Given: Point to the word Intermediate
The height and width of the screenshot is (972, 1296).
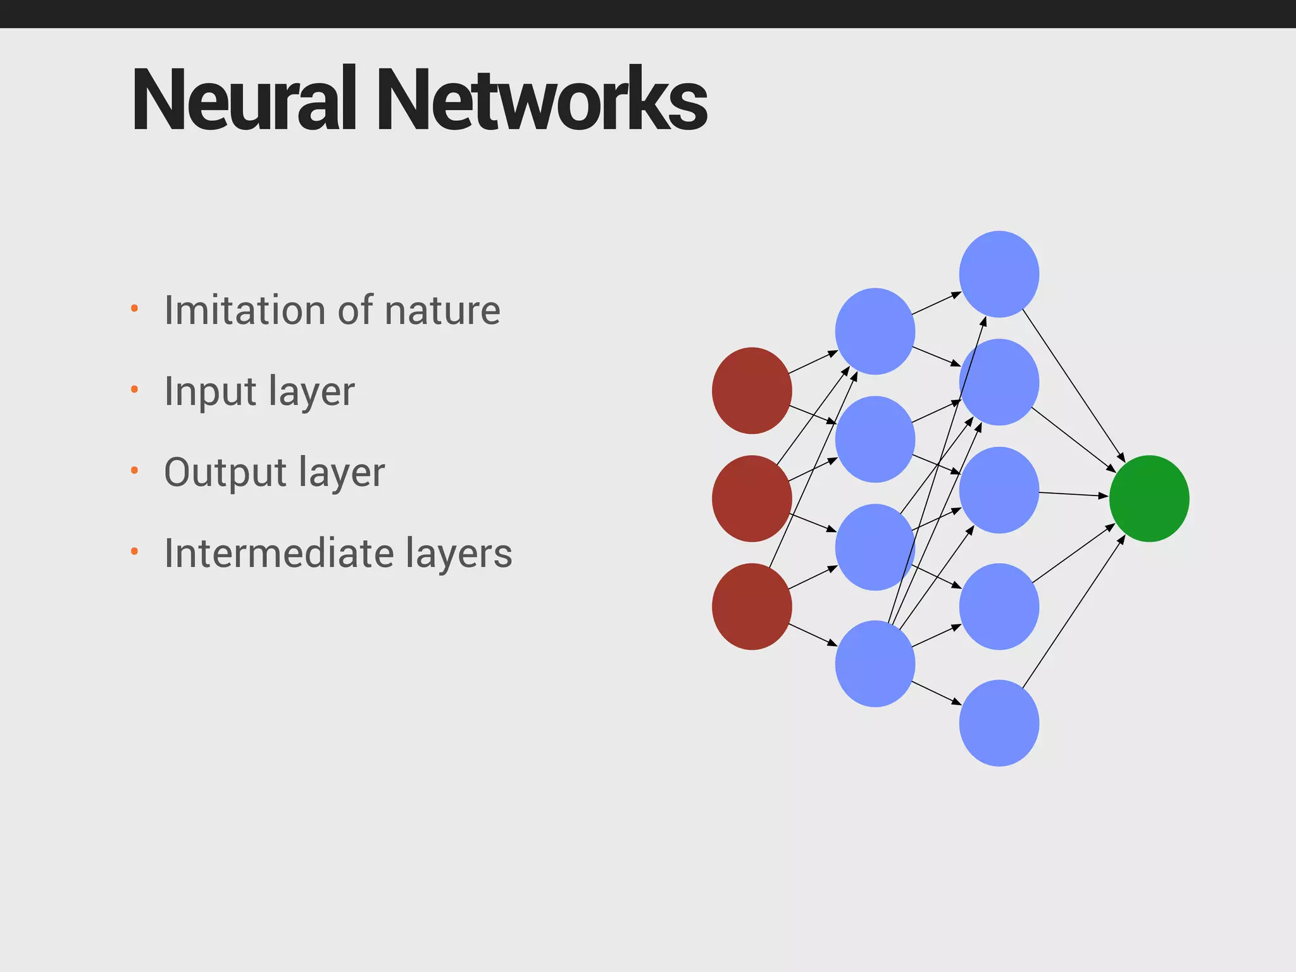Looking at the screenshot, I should pos(279,553).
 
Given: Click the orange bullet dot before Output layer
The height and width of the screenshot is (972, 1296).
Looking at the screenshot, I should pos(134,470).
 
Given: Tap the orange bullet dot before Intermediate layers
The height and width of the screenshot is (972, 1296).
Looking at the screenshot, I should pos(134,551).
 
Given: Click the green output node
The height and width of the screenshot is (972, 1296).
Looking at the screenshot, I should pos(1149,499).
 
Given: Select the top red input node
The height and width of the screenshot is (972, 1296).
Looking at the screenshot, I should pos(752,390).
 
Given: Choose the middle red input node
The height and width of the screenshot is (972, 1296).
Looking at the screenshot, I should pos(752,499).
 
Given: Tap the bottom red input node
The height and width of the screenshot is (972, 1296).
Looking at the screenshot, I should pos(752,606).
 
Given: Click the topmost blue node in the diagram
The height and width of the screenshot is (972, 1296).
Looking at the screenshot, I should pos(999,274).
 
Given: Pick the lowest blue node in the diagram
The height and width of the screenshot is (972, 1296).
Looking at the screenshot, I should pos(999,723).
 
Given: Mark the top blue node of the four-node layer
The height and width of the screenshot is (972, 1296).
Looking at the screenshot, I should pos(875,331).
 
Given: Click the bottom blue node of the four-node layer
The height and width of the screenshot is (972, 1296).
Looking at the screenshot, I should pos(875,664).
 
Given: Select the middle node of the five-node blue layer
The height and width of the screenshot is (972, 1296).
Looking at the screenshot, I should pos(999,490).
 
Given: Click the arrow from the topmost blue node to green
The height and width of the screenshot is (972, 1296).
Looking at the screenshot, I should pos(1073,386).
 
